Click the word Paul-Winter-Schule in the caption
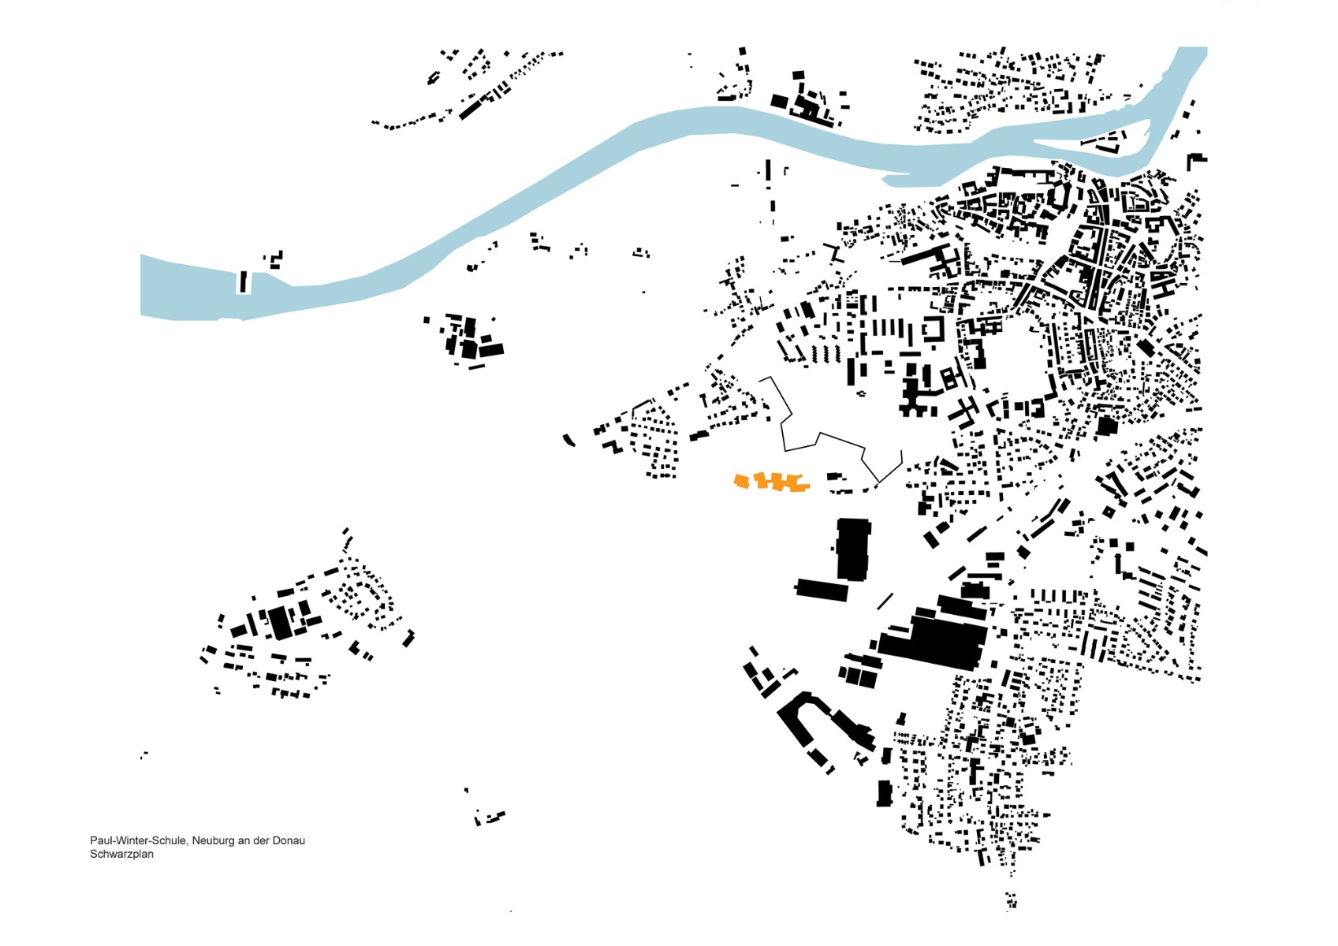(138, 840)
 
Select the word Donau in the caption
(289, 840)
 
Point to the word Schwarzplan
(121, 854)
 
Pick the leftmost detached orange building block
(741, 480)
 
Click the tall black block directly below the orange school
(853, 549)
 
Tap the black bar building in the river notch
(244, 281)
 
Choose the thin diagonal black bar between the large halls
(885, 601)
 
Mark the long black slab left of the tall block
(822, 589)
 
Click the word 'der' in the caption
(262, 840)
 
